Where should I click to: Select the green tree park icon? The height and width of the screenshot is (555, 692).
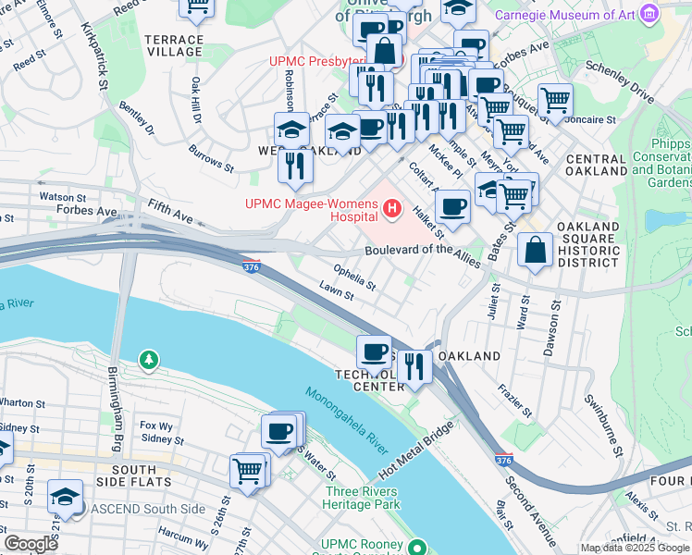147,358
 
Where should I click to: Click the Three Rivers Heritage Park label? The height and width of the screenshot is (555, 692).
361,499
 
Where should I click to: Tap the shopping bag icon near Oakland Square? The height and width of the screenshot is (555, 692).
535,249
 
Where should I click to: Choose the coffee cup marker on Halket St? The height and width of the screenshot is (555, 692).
451,206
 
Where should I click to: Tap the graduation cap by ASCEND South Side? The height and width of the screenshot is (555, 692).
66,497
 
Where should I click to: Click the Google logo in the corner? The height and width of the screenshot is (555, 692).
31,543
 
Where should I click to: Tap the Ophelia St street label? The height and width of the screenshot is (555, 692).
353,277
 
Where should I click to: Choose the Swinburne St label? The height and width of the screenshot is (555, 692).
601,426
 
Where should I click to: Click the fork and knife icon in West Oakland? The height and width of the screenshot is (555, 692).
295,166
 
